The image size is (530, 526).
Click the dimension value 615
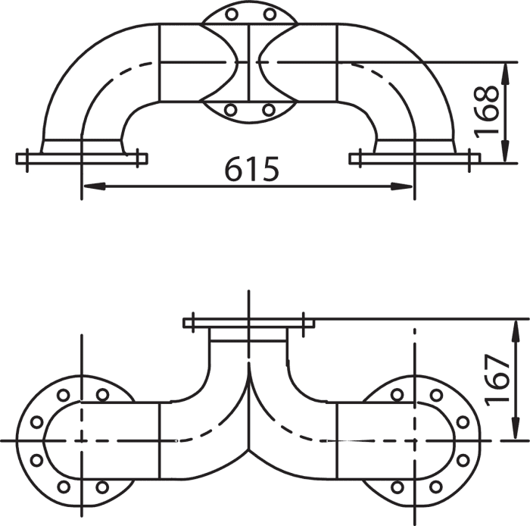[252, 168]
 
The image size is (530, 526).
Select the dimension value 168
[487, 111]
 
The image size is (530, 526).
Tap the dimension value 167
[497, 379]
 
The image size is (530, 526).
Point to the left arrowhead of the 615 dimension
[95, 186]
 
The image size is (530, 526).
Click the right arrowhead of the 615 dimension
[401, 186]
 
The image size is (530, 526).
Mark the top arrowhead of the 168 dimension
[505, 74]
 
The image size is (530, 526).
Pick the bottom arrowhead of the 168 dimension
[505, 152]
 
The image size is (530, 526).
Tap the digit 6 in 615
[233, 168]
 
